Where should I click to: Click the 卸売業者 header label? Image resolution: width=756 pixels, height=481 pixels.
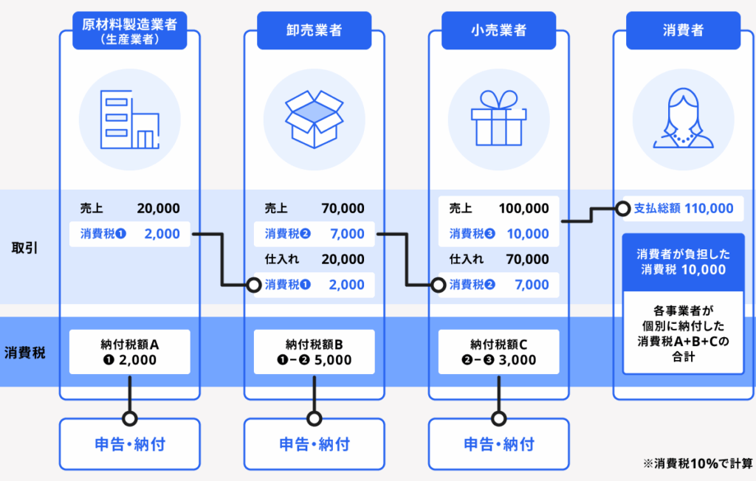click(x=314, y=31)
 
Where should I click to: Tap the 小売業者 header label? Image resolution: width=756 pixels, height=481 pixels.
click(x=498, y=31)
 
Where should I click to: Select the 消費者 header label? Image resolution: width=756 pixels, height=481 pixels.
click(x=683, y=31)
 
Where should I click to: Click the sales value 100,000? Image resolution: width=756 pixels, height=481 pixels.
click(x=523, y=209)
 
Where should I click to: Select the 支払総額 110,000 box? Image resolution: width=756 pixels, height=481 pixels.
click(x=684, y=209)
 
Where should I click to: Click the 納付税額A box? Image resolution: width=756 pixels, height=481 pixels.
click(x=129, y=352)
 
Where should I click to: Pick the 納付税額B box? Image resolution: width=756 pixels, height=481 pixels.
click(x=314, y=352)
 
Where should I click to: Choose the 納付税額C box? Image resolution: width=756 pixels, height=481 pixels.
click(x=498, y=352)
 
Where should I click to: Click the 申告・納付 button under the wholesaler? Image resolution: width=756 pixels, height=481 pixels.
click(x=314, y=444)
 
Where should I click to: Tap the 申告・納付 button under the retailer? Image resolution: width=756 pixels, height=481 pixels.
click(x=498, y=444)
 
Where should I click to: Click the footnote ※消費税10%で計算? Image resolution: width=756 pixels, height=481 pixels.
click(x=697, y=463)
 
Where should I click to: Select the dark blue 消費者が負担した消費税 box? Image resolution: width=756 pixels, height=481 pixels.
click(x=683, y=262)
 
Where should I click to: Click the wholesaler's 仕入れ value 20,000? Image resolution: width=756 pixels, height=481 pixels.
click(x=343, y=260)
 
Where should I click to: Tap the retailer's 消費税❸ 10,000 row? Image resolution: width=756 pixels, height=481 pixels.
click(x=498, y=234)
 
